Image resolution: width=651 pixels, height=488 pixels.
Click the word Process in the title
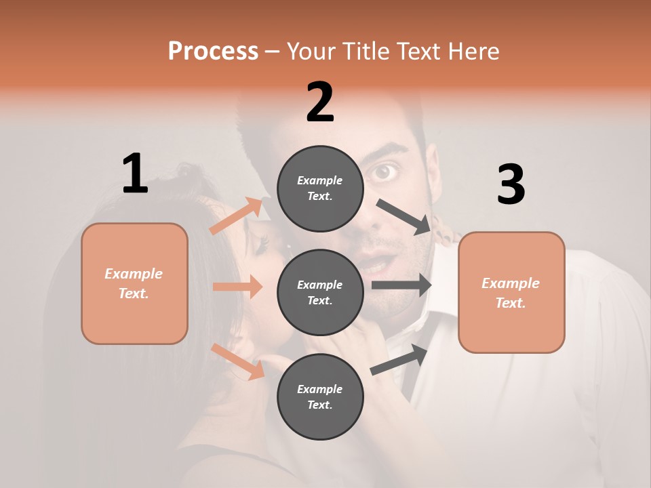click(213, 52)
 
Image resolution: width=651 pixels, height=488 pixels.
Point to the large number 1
click(135, 174)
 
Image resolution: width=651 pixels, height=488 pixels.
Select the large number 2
click(320, 102)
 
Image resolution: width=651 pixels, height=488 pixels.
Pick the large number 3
click(511, 184)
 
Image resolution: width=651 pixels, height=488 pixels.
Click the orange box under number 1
click(134, 283)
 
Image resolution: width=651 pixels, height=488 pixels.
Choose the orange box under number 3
click(511, 292)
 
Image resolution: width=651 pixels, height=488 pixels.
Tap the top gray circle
click(320, 188)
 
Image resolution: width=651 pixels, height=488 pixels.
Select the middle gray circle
click(320, 292)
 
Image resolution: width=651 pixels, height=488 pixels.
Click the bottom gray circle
click(320, 396)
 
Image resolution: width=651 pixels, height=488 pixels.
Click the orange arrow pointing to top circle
click(237, 216)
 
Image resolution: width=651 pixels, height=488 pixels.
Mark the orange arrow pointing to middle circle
click(237, 287)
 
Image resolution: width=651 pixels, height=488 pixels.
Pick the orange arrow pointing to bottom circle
click(238, 361)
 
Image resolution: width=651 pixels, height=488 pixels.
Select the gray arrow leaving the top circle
click(404, 216)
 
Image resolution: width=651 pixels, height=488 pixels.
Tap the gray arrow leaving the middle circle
click(401, 285)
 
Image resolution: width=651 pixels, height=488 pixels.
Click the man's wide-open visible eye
click(386, 172)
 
